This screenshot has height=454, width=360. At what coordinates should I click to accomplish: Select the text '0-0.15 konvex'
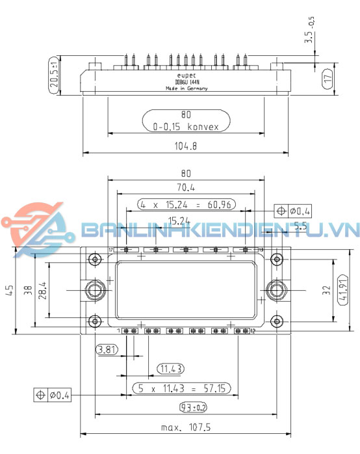click(186, 127)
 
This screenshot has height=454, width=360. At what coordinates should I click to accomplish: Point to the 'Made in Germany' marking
click(186, 88)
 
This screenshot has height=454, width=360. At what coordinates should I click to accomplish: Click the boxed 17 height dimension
click(328, 79)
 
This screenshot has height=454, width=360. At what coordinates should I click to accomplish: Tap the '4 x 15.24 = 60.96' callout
click(186, 204)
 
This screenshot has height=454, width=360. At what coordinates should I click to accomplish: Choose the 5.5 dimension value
click(300, 226)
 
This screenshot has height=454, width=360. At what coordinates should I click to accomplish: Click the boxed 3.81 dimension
click(105, 350)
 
